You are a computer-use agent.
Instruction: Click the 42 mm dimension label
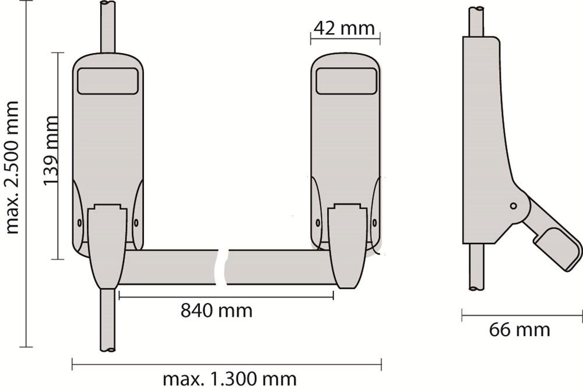click(344, 28)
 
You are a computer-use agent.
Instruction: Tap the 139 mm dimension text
click(51, 150)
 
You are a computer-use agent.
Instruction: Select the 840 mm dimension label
click(216, 310)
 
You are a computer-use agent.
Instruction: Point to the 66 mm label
click(519, 330)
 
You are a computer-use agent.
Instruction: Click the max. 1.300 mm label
click(230, 379)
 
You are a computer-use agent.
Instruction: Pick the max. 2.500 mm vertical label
click(12, 167)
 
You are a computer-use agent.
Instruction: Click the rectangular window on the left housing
click(107, 81)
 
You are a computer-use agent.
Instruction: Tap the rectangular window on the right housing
click(346, 81)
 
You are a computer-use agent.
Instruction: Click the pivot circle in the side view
click(513, 206)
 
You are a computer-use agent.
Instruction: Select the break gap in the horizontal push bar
click(222, 267)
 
